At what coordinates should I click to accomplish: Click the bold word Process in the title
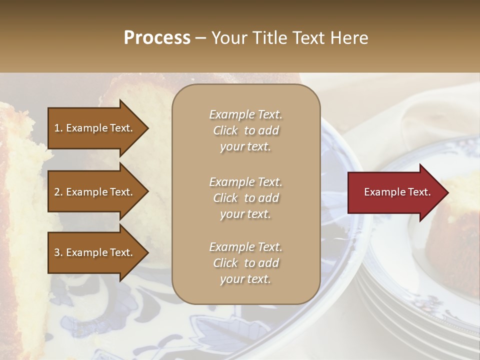tap(157, 38)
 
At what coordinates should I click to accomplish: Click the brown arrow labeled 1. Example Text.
tap(95, 128)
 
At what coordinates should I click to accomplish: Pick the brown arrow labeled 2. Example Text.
tap(95, 192)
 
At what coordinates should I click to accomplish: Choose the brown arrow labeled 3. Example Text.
tap(95, 252)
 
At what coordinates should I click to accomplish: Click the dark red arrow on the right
tap(395, 192)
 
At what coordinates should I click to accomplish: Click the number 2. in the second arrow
tap(58, 192)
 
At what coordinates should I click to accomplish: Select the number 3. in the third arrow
tap(58, 252)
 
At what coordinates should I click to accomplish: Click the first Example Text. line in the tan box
tap(245, 114)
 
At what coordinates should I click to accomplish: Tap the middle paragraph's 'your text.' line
tap(245, 214)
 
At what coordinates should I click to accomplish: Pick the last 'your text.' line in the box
tap(245, 279)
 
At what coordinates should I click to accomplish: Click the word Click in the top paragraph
tap(225, 130)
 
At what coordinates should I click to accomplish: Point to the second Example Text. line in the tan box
tap(245, 181)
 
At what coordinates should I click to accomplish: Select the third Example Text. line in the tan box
tap(245, 247)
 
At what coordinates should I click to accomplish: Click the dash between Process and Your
tap(201, 38)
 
